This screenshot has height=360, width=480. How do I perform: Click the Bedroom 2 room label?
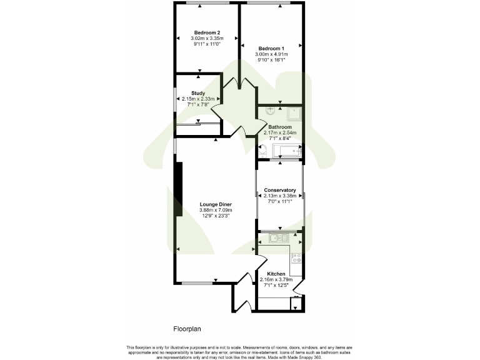(207, 32)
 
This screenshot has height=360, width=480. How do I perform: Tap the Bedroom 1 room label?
(271, 49)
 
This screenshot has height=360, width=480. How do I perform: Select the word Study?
(198, 93)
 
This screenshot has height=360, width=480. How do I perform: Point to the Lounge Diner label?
(216, 204)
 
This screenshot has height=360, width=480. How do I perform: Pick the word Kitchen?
(276, 274)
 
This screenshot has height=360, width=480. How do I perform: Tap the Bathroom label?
(280, 127)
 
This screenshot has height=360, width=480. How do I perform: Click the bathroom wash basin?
(270, 111)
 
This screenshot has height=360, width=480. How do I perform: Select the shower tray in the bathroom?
(294, 113)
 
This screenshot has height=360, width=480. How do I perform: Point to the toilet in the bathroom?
(263, 150)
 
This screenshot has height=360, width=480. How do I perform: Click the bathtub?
(287, 151)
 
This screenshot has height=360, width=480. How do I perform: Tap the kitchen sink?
(277, 237)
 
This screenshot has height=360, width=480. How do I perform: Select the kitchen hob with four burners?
(296, 257)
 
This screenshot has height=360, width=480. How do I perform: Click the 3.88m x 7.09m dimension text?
(216, 209)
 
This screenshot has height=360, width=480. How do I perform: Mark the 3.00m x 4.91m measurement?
(271, 54)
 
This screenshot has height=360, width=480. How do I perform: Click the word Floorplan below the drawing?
(187, 327)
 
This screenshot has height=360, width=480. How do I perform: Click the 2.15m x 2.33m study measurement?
(198, 99)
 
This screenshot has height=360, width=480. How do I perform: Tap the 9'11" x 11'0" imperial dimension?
(207, 44)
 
